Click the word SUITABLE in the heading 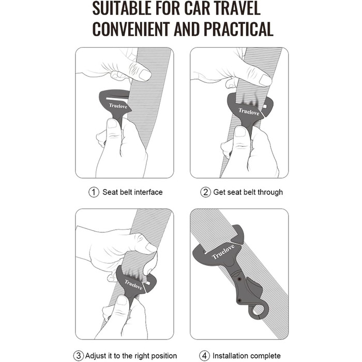tap(122, 8)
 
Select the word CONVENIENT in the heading tap(131, 28)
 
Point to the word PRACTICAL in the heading tap(238, 28)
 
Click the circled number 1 tap(94, 192)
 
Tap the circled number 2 tap(205, 192)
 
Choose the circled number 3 tap(79, 356)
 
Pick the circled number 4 tap(204, 356)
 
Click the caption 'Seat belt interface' tap(132, 192)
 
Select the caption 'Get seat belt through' tap(248, 192)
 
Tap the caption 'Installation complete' tap(247, 356)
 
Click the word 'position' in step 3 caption tap(163, 356)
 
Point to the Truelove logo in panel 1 tap(118, 106)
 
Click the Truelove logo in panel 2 tap(249, 112)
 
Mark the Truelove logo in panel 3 tap(133, 284)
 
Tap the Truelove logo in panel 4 tap(223, 252)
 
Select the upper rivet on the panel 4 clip tap(239, 279)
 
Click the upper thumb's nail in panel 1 tap(145, 75)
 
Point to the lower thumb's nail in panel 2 tap(241, 132)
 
